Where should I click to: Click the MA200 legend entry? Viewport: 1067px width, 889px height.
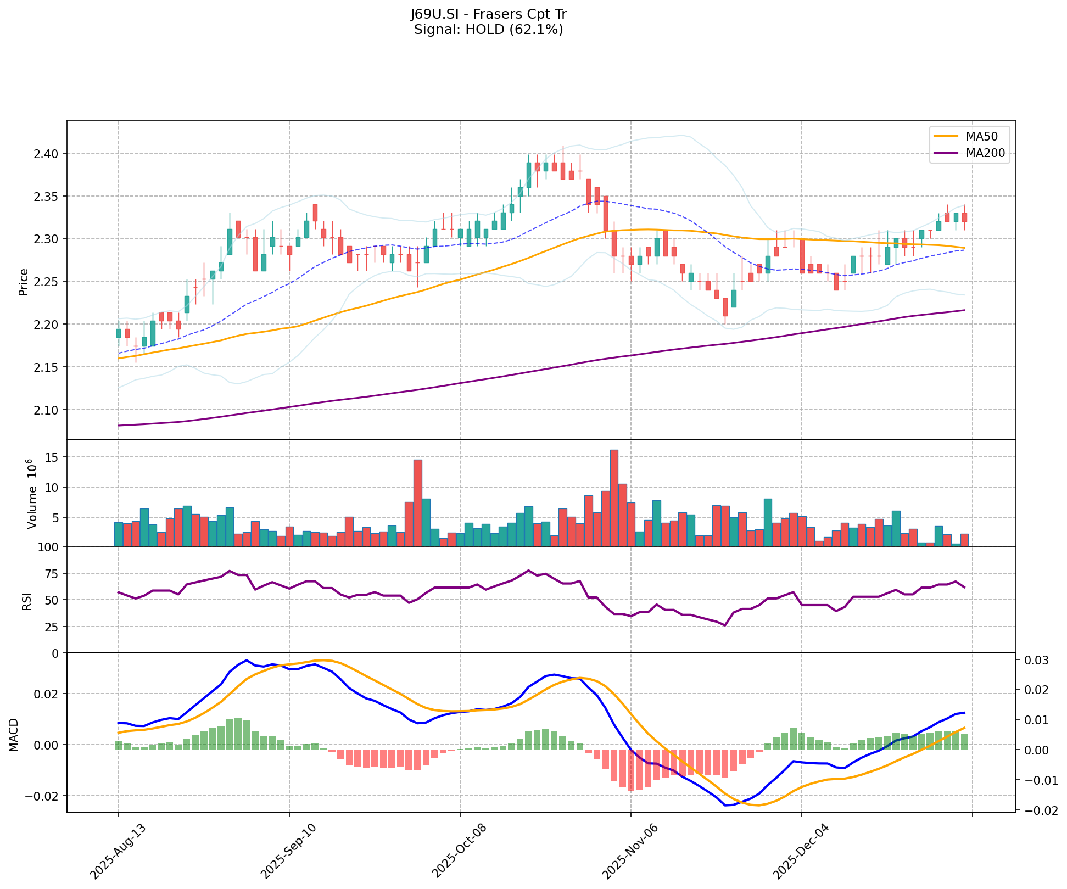[x=985, y=153]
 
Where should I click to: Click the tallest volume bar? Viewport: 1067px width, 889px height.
[x=614, y=497]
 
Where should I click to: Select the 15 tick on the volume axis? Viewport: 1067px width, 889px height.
[x=54, y=457]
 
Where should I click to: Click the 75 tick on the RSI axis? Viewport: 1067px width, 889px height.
[x=54, y=574]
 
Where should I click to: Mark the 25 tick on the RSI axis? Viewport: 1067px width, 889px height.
[x=54, y=627]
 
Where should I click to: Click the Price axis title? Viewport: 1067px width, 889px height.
[x=24, y=282]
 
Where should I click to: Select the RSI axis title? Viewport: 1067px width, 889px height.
[x=26, y=600]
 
